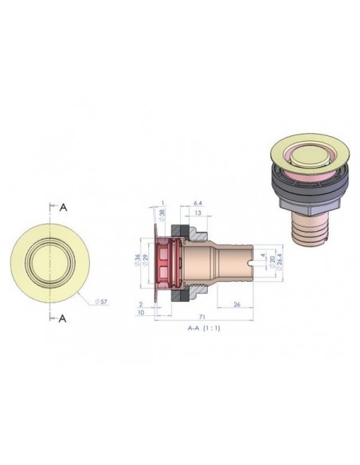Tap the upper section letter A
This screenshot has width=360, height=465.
pyautogui.click(x=63, y=207)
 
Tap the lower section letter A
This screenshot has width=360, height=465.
pyautogui.click(x=63, y=318)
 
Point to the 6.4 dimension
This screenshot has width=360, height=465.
pyautogui.click(x=198, y=203)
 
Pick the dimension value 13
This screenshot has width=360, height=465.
pyautogui.click(x=197, y=213)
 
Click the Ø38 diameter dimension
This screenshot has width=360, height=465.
pyautogui.click(x=163, y=214)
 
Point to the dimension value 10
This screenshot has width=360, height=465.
pyautogui.click(x=139, y=313)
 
